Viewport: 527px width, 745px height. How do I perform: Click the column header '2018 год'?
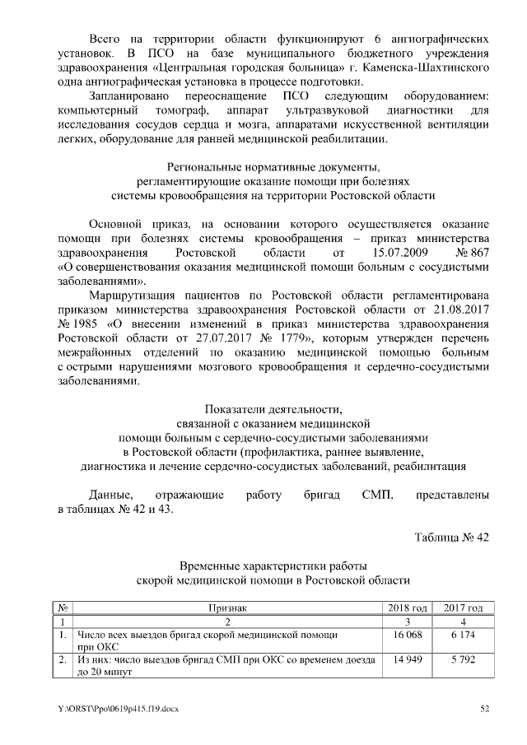[408, 608]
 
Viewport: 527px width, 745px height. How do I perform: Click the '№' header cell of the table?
[63, 608]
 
